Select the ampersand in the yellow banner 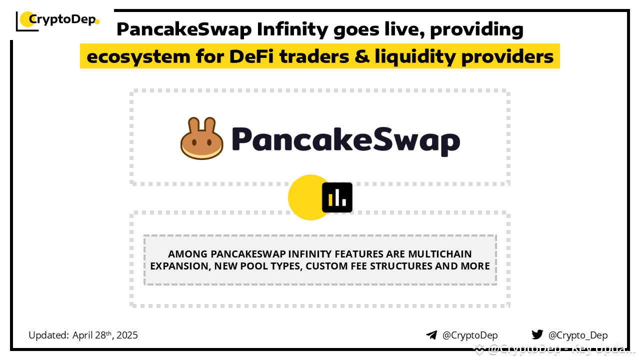click(x=360, y=57)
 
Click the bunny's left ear click(x=193, y=125)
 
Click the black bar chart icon click(x=337, y=197)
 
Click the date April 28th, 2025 click(x=105, y=335)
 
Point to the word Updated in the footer click(x=48, y=335)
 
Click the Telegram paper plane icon click(x=431, y=335)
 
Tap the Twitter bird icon click(x=537, y=335)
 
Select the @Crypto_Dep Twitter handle click(x=578, y=335)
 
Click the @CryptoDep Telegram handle click(x=470, y=335)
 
